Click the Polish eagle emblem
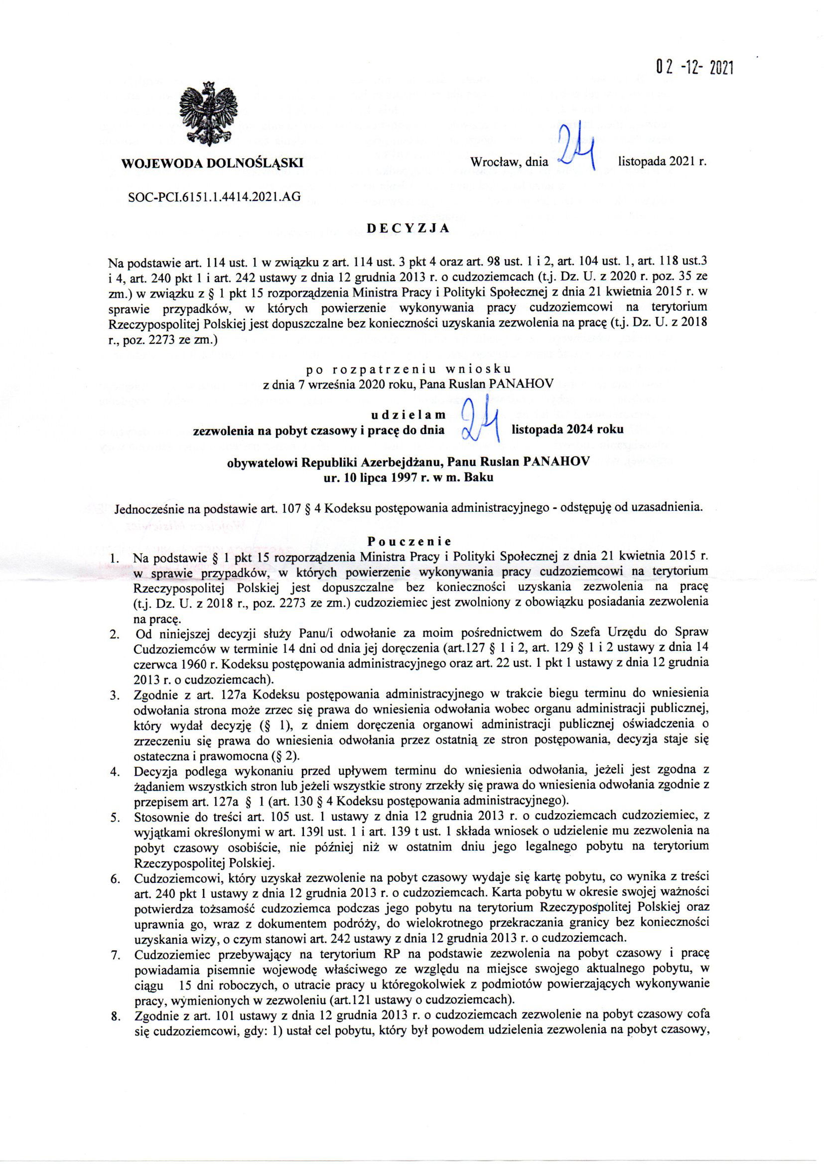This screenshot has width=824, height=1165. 209,113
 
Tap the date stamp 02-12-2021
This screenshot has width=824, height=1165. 694,67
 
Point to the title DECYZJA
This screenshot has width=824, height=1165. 409,228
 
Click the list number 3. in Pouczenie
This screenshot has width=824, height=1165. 114,695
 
